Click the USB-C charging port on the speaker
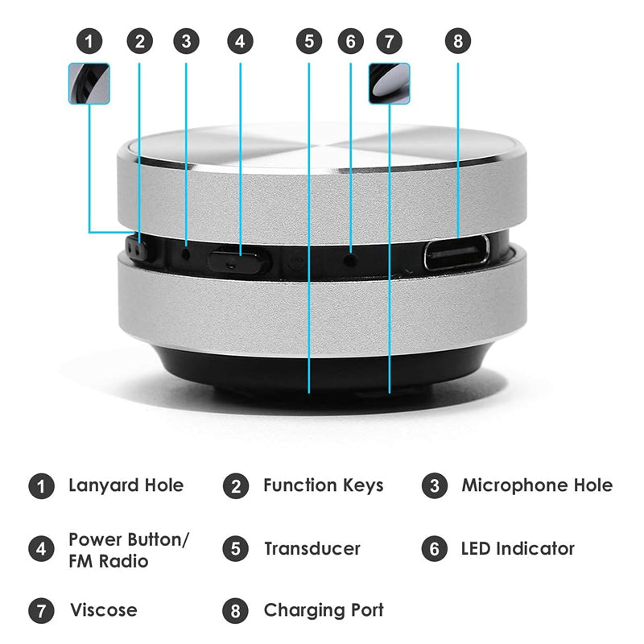[456, 253]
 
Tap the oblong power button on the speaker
[234, 262]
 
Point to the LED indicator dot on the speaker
[350, 259]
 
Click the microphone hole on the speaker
[186, 254]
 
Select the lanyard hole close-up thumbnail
[89, 84]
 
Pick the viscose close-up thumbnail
[390, 84]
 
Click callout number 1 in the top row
[89, 41]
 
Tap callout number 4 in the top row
[240, 41]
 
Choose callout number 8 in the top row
[458, 41]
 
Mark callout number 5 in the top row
[309, 41]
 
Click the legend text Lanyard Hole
[126, 486]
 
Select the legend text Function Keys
[324, 486]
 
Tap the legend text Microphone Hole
[537, 485]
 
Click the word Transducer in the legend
[312, 549]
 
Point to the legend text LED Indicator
[518, 549]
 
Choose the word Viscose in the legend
[104, 610]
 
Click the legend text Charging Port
[324, 611]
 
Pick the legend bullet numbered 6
[434, 549]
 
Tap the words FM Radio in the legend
[109, 561]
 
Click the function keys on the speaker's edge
[137, 247]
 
